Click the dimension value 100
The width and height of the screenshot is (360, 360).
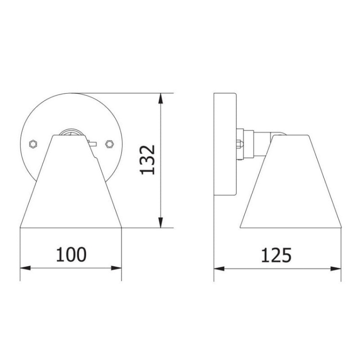pos(71,254)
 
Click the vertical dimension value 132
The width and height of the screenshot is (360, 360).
pos(147,159)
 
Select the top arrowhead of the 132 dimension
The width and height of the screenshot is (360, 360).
pos(163,97)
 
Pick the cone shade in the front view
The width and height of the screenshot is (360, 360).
pos(71,187)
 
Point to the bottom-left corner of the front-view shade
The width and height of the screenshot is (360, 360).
pos(21,227)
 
